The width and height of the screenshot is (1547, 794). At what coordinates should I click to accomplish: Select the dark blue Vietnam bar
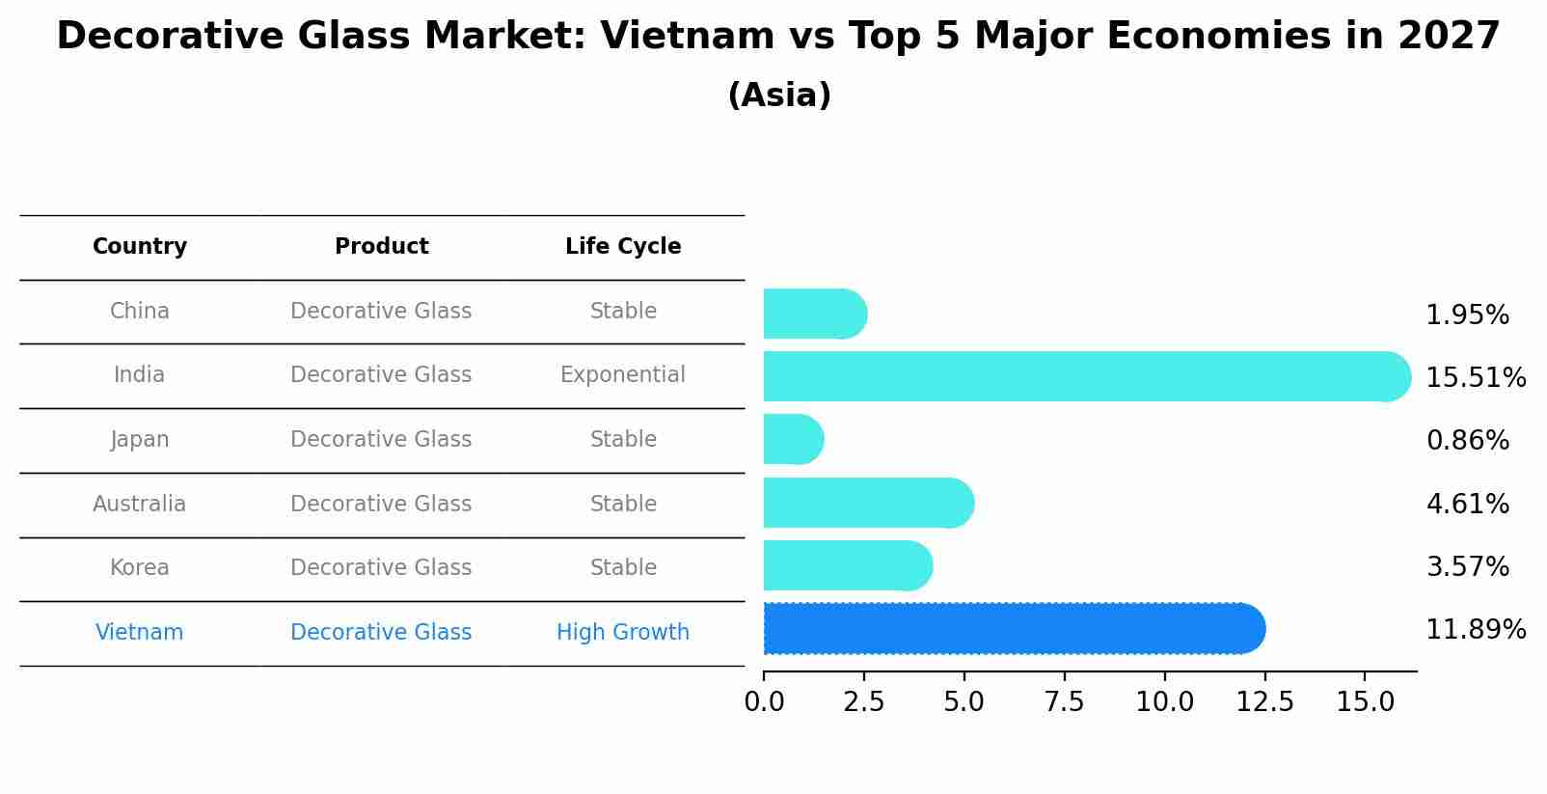tap(1013, 629)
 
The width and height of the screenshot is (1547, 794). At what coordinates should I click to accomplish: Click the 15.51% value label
tap(1475, 377)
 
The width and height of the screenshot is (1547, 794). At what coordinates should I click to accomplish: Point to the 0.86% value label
tap(1467, 441)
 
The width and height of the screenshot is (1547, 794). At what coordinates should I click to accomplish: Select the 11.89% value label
tap(1475, 630)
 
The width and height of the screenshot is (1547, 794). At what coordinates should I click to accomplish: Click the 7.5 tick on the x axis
tap(1064, 702)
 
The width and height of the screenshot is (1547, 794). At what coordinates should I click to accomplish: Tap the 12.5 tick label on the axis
tap(1264, 702)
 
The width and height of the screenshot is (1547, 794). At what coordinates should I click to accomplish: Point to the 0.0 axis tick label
tap(764, 702)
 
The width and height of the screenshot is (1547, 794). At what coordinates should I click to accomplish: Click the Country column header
tap(140, 247)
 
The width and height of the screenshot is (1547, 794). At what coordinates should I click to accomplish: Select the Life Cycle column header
tap(623, 247)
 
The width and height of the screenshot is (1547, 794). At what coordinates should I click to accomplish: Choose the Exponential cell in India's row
tap(623, 375)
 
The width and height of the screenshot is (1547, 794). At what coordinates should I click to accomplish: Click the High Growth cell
tap(623, 633)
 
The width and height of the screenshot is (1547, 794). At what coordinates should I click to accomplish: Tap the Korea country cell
tap(140, 568)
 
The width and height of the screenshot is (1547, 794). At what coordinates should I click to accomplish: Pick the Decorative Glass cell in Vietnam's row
tap(381, 633)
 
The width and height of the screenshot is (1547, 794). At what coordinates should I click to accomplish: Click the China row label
tap(140, 312)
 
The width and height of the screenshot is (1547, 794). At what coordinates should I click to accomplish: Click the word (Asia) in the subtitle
tap(779, 96)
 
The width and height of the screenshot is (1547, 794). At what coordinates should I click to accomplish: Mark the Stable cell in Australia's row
tap(623, 505)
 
